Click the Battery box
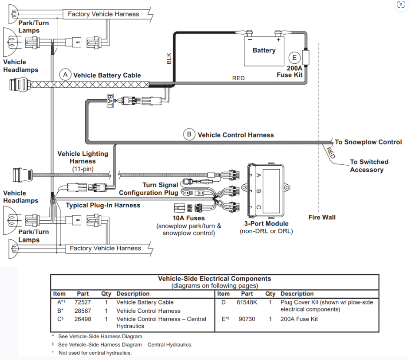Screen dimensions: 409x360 click(264, 51)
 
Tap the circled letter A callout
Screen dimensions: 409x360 click(65, 75)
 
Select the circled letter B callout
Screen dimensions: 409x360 click(189, 134)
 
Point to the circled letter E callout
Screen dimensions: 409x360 click(294, 58)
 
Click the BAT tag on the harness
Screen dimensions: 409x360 click(110, 101)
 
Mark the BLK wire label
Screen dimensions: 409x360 click(169, 59)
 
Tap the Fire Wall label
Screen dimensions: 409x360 click(322, 217)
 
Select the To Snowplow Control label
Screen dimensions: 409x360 click(368, 142)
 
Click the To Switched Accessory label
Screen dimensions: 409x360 click(369, 166)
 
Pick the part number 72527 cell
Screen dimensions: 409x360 click(82, 302)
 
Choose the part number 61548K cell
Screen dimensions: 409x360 click(247, 302)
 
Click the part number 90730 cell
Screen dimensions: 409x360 click(247, 319)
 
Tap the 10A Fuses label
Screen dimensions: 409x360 click(188, 218)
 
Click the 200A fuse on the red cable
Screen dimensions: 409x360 click(305, 57)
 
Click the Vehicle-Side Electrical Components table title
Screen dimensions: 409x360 click(214, 278)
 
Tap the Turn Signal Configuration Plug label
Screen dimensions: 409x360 click(148, 189)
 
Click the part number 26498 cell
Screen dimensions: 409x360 click(82, 319)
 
